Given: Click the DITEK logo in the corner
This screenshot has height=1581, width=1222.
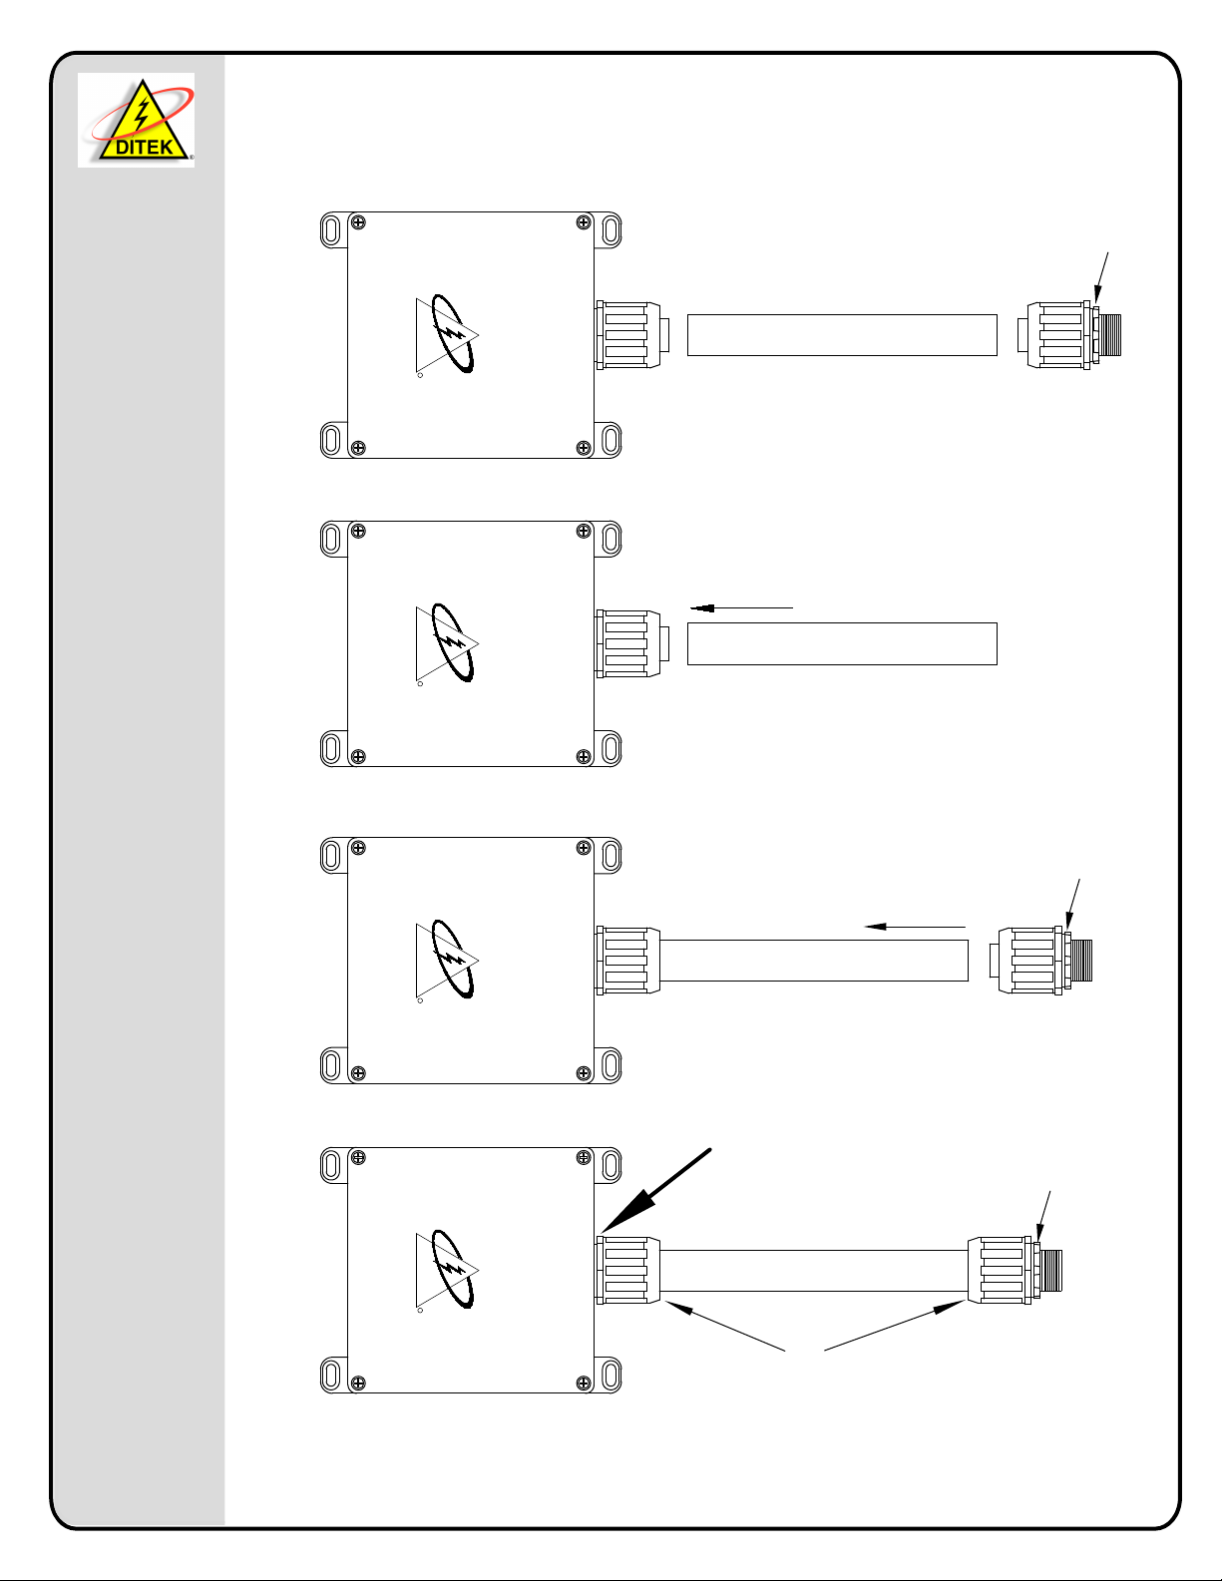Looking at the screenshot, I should pos(137,120).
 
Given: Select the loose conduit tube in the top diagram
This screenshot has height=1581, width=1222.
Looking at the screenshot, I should pos(842,335).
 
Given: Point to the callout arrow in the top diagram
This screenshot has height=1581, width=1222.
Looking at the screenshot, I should pos(1101,277).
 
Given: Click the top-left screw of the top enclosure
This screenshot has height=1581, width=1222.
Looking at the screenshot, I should pos(358,222).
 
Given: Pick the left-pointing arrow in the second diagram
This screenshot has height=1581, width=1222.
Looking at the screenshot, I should pos(741,606).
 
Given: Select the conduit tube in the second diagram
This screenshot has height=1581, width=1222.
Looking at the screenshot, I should pos(842,643).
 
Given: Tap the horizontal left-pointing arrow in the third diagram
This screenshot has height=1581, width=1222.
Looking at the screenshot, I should pos(915,927).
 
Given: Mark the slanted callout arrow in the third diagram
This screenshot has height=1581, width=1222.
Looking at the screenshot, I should pos(1073,903).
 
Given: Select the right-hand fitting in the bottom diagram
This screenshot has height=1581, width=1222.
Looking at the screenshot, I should pos(1013,1271).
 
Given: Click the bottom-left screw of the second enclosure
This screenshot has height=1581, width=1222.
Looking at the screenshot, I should pos(358,757).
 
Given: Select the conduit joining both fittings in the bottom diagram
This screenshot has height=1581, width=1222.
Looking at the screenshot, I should pos(813,1271).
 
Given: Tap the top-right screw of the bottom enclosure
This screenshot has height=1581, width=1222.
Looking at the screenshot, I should pos(584,1158).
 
